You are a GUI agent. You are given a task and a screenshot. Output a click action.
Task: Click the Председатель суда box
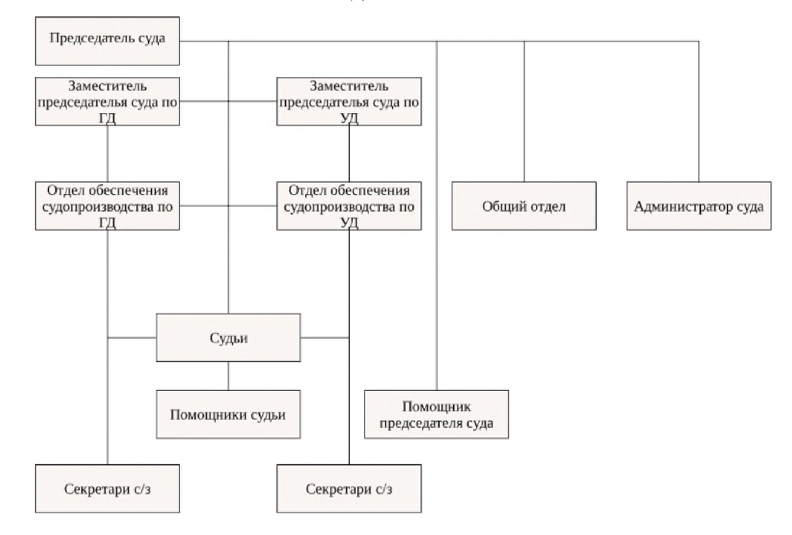(x=107, y=38)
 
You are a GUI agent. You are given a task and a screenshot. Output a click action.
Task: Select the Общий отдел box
(x=524, y=206)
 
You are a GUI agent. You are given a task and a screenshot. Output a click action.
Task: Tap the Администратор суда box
(x=698, y=206)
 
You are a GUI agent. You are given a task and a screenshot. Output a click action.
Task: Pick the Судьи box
(x=227, y=337)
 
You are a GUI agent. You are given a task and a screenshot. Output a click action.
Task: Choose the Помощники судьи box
(x=227, y=414)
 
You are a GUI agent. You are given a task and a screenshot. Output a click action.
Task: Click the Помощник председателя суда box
(x=436, y=414)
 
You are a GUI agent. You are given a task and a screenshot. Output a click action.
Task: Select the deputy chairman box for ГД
(x=107, y=102)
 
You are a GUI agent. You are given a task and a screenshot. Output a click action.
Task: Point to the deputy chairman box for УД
(x=349, y=102)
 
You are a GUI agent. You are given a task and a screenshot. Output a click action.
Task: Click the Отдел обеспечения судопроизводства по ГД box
(x=107, y=206)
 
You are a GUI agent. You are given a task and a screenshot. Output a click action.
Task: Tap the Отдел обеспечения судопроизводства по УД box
(x=349, y=206)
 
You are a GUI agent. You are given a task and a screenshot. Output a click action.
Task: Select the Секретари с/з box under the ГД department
(x=107, y=488)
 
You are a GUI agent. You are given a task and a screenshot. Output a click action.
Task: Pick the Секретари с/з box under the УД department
(x=349, y=488)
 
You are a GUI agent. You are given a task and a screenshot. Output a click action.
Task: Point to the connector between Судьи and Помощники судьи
(x=227, y=375)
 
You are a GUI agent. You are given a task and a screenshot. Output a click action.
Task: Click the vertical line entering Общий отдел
(x=524, y=113)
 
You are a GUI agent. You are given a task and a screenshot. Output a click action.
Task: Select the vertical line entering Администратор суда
(x=699, y=113)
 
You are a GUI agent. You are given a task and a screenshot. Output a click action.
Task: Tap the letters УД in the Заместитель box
(x=349, y=118)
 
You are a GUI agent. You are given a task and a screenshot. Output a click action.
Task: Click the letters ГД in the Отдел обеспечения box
(x=107, y=222)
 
